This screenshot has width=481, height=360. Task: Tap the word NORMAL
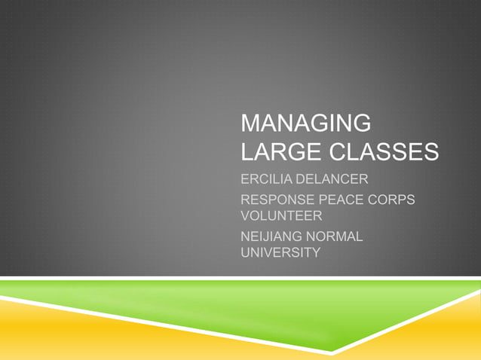337,238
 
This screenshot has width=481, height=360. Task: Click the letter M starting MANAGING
249,124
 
